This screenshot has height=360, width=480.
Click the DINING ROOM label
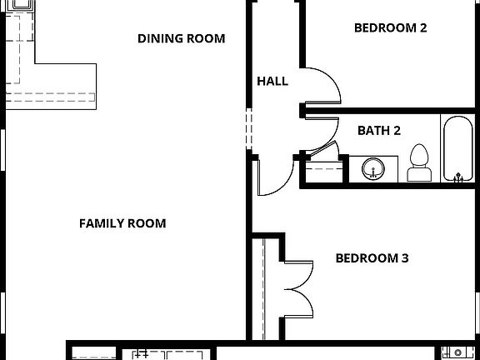(181, 38)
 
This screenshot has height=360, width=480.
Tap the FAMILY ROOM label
(122, 223)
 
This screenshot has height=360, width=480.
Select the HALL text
(272, 82)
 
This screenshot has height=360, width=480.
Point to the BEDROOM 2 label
(390, 27)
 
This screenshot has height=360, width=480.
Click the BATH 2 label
(379, 130)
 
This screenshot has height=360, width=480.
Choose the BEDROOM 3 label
(372, 258)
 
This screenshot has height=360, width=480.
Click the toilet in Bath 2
(418, 164)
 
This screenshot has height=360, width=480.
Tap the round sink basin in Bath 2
(374, 169)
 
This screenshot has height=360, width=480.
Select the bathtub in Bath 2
(457, 150)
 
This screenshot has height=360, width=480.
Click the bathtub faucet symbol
(457, 176)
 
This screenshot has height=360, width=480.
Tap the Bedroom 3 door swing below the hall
(275, 177)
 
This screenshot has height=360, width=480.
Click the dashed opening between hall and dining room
(248, 129)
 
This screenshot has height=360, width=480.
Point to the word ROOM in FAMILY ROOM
(146, 223)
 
